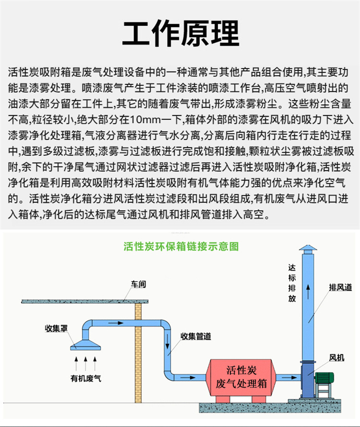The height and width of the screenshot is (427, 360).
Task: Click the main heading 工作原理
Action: coord(180,32)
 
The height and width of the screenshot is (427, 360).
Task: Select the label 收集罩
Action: coord(53,327)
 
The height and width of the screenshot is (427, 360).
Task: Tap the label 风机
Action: coord(337,358)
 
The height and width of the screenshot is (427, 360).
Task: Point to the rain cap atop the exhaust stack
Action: coord(309,249)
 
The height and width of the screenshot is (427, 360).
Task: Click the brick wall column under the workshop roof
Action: coord(139,351)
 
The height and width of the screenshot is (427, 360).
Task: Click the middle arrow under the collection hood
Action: coord(85,363)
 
